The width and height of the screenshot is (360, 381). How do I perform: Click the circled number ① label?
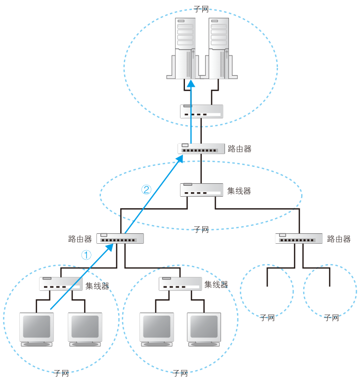(x=86, y=255)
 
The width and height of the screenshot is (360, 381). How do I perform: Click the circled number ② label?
(x=146, y=190)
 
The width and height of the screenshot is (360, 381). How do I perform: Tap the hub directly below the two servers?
(x=201, y=111)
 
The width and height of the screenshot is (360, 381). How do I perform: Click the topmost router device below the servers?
(x=201, y=149)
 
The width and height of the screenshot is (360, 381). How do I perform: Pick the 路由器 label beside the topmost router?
(x=240, y=149)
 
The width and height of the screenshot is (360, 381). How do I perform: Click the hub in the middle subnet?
(x=201, y=190)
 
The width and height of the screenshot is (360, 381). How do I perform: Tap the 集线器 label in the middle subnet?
(x=239, y=191)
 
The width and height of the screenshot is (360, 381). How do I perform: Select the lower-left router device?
(x=120, y=239)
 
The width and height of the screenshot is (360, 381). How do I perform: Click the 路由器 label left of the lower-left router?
(x=80, y=239)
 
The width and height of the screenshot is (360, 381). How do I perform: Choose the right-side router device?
(x=299, y=239)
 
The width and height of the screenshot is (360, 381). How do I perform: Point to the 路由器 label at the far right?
(x=339, y=239)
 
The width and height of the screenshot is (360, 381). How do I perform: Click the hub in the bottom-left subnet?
(x=61, y=284)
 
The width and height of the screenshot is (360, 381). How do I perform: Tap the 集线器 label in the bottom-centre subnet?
(x=216, y=284)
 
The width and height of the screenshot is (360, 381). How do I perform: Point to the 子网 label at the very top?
(x=201, y=9)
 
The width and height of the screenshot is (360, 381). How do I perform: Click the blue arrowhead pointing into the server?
(x=191, y=83)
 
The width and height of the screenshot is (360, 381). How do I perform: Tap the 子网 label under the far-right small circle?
(x=332, y=318)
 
